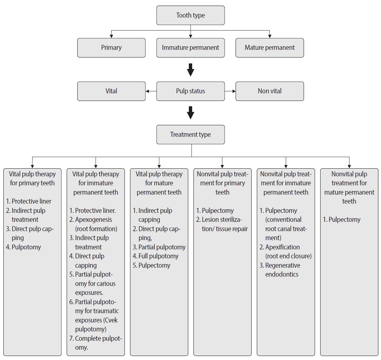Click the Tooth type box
click(x=190, y=15)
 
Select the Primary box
click(x=111, y=47)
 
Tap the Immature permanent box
click(x=190, y=47)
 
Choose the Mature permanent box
click(x=269, y=47)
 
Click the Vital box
click(x=111, y=91)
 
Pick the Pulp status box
click(x=190, y=91)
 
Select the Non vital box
click(x=269, y=91)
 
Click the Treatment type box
click(x=190, y=135)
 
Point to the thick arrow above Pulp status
click(x=190, y=69)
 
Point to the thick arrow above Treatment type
click(x=190, y=113)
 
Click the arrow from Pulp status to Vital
click(x=151, y=91)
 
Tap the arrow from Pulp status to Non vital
click(x=230, y=91)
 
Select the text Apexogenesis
click(x=93, y=220)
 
